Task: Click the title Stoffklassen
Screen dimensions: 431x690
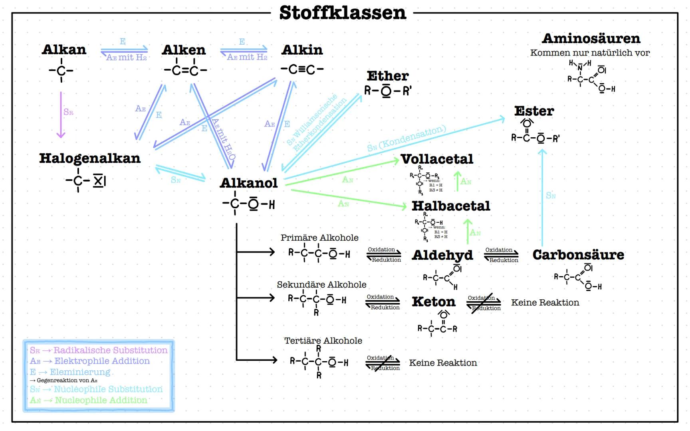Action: coord(342,13)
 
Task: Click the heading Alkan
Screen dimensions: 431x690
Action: coord(64,49)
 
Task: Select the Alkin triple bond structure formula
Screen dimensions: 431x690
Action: coord(302,69)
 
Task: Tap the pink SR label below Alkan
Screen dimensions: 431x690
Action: coord(68,112)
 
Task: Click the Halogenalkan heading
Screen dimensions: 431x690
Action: coord(90,158)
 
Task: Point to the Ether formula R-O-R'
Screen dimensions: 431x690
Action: coord(387,91)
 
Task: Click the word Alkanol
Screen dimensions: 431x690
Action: coord(249,183)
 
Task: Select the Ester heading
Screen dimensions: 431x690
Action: coord(534,111)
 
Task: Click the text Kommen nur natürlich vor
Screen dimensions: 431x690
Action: coord(590,53)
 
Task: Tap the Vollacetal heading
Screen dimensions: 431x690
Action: coord(437,159)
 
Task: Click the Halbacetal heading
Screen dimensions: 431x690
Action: coord(451,206)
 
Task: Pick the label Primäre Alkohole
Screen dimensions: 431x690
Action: coord(319,238)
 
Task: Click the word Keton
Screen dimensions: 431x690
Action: coord(434,302)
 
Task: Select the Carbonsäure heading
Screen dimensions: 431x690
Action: coord(578,255)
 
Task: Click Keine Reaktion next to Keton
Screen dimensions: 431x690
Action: coord(545,302)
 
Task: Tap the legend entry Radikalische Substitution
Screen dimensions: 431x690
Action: coord(110,350)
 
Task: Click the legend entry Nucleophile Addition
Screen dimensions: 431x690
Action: coord(101,400)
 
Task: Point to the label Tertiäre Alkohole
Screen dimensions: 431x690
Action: coord(323,341)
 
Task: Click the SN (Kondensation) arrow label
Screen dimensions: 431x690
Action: coord(406,138)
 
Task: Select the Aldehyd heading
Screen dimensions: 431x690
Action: coord(442,255)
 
